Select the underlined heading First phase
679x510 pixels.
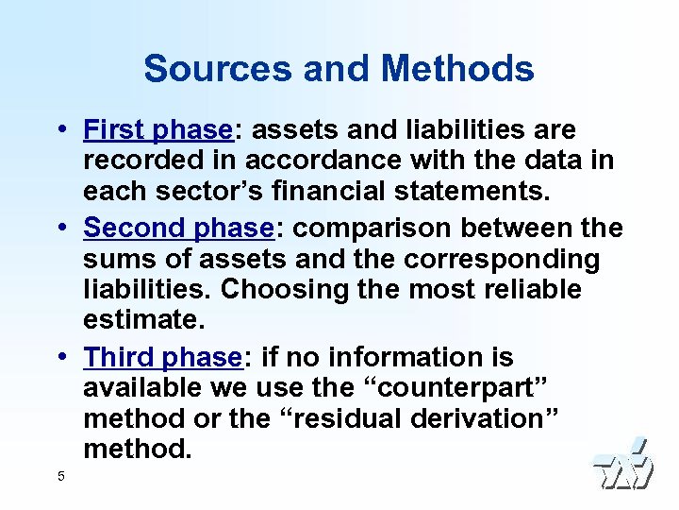tap(157, 128)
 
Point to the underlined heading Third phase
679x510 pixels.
tap(162, 357)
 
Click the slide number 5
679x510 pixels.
tap(61, 476)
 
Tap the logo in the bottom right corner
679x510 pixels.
tap(622, 465)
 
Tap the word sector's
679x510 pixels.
tap(200, 193)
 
